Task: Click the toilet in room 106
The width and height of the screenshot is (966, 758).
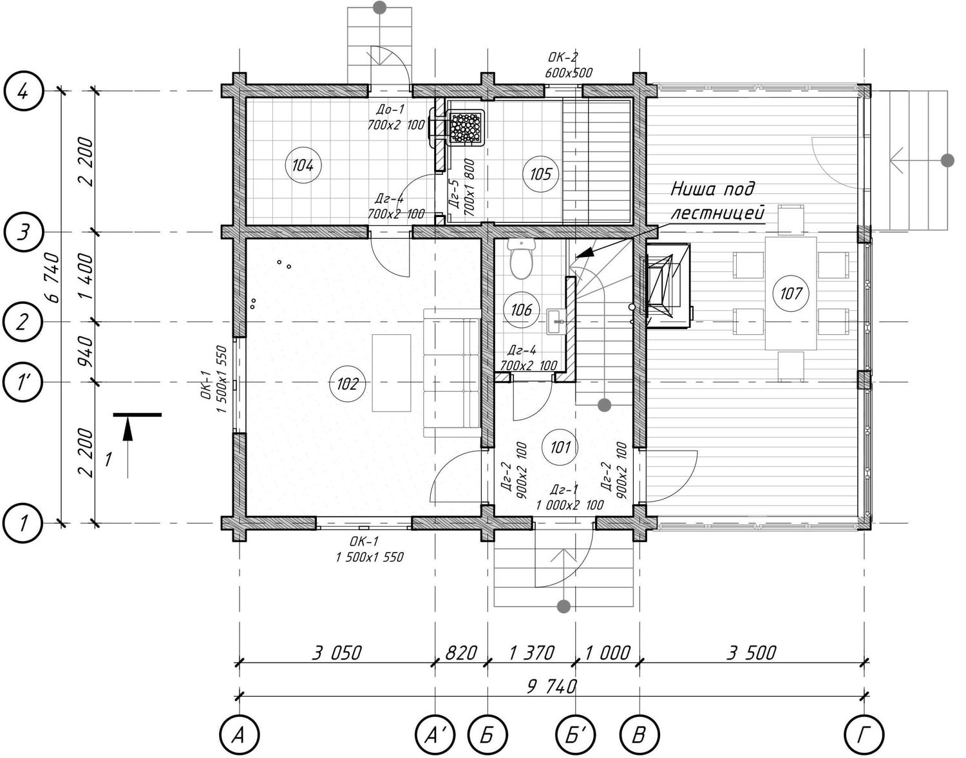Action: [521, 259]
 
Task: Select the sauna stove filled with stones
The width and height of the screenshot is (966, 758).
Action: [466, 128]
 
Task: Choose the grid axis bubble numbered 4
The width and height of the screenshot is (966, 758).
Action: [23, 92]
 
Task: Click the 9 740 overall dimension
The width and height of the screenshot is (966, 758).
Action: [551, 687]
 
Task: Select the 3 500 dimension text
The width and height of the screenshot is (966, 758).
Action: [752, 653]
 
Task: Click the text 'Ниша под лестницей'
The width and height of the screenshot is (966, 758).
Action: [717, 201]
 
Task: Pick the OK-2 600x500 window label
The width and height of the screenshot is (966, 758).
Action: [569, 65]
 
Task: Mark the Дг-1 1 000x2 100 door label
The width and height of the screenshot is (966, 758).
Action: [569, 497]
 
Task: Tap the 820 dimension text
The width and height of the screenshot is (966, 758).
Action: [461, 653]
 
